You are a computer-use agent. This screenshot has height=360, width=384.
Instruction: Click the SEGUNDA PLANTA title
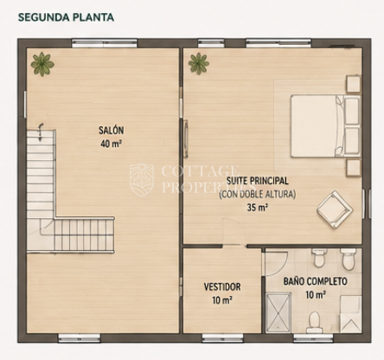coord(66,17)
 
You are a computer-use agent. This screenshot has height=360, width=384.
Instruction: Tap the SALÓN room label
coord(112,130)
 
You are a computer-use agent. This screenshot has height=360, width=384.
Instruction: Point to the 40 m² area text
coord(111,144)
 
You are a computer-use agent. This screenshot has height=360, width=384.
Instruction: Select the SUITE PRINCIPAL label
coord(257,181)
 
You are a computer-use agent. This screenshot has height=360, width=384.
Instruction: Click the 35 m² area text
coord(258,207)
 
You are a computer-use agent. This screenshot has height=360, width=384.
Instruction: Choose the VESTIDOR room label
coord(222,286)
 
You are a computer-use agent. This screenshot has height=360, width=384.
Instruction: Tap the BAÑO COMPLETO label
coord(316,281)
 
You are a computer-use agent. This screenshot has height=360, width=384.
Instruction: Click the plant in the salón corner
coord(42,64)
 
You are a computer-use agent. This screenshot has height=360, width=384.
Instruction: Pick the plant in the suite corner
coord(199,64)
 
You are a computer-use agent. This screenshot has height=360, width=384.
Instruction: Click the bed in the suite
coord(325,126)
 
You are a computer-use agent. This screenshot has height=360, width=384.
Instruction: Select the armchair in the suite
coord(335,209)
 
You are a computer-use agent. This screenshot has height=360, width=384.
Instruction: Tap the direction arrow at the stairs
coord(41,132)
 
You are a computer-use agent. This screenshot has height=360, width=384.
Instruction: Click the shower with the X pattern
coord(278,312)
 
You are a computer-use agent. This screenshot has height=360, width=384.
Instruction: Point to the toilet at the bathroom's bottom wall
coord(314,322)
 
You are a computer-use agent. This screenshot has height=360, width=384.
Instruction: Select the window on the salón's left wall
coord(25,104)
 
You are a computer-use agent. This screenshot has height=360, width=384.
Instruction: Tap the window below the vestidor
coord(222,337)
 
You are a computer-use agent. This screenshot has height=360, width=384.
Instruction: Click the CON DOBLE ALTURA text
coord(258,194)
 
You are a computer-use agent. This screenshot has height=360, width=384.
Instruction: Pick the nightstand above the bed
coord(354,84)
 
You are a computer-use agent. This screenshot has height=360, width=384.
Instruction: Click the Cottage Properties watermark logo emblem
coord(142,179)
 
